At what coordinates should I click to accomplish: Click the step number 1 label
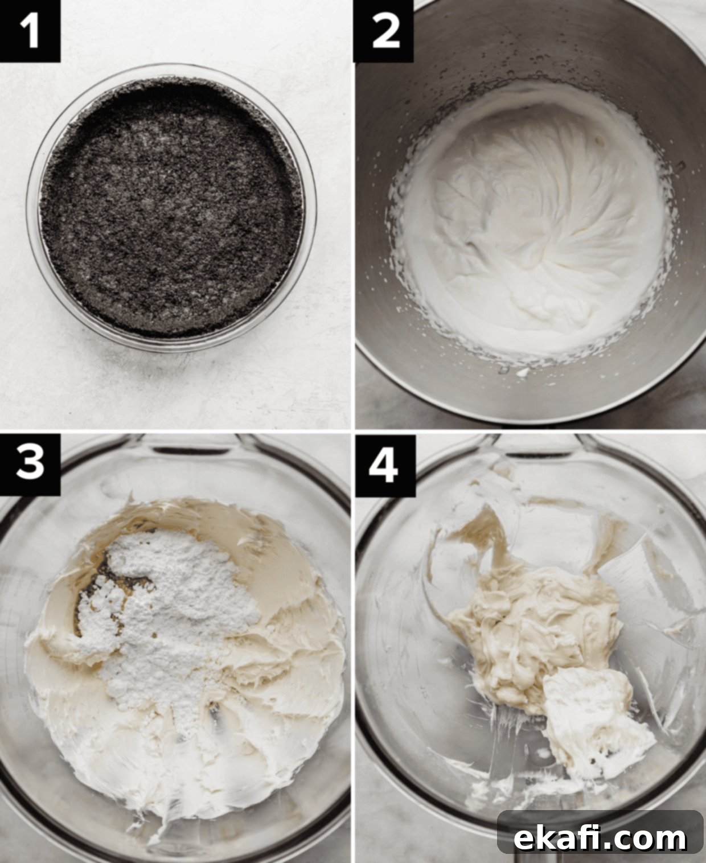click(x=30, y=31)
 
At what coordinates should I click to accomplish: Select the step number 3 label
click(x=30, y=465)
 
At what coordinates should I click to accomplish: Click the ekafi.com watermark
click(x=600, y=827)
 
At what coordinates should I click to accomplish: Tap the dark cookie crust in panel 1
click(x=171, y=207)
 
